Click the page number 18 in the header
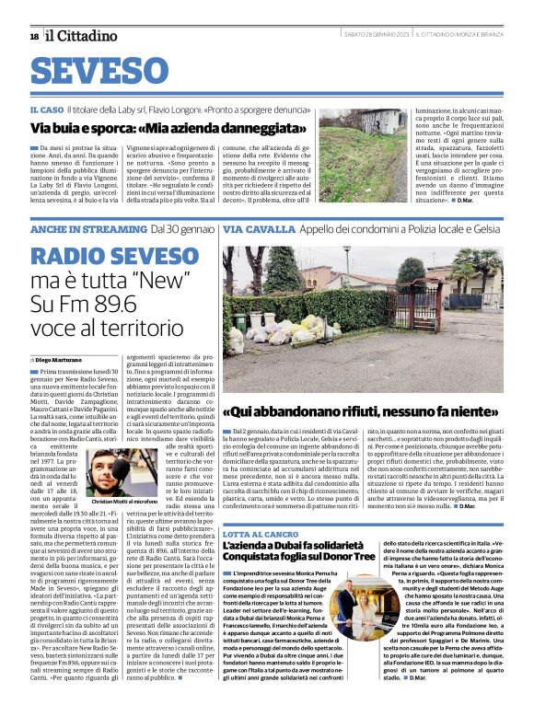34,37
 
